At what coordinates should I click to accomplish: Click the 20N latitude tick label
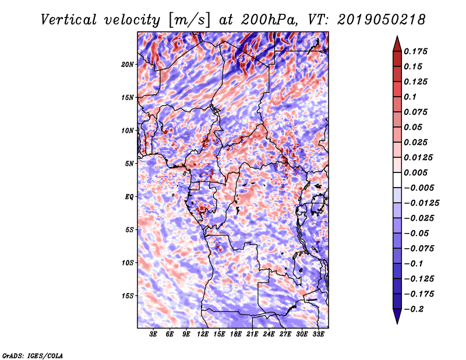point(128,64)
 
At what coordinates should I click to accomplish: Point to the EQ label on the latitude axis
point(129,197)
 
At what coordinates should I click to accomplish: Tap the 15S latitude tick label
point(128,296)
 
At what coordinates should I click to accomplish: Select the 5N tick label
point(129,164)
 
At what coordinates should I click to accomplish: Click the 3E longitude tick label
point(154,334)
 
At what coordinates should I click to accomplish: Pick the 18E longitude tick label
point(236,334)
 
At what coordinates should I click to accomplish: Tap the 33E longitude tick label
point(318,334)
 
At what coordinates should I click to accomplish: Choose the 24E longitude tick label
point(269,334)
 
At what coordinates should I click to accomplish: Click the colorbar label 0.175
point(416,51)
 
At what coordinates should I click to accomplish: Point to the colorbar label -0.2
point(414,309)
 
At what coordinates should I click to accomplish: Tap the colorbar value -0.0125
point(423,203)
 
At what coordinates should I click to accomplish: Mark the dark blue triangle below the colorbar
point(396,317)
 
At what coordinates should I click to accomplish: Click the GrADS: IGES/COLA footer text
point(33,354)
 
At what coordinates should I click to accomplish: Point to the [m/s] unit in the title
point(188,19)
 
